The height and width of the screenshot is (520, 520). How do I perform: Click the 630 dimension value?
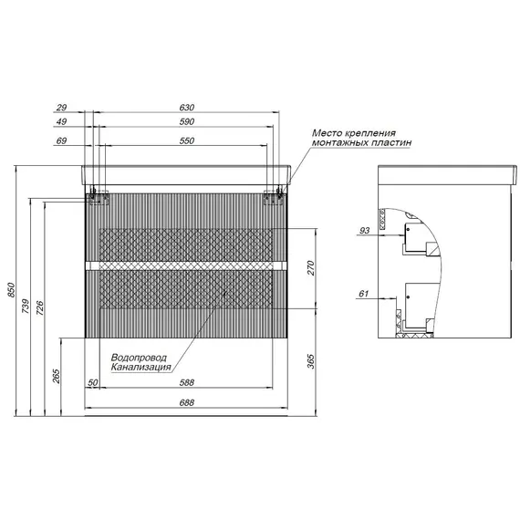(186, 108)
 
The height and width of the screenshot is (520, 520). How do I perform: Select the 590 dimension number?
(186, 121)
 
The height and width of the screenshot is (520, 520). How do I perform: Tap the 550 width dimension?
(186, 140)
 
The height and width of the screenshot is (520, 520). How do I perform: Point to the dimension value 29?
(61, 108)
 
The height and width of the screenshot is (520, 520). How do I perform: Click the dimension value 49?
(61, 121)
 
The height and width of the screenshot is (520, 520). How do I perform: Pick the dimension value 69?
(61, 140)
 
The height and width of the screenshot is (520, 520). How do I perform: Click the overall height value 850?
(11, 290)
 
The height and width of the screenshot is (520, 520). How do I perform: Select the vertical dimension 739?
(26, 307)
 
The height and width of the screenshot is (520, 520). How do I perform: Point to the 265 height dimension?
(57, 377)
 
